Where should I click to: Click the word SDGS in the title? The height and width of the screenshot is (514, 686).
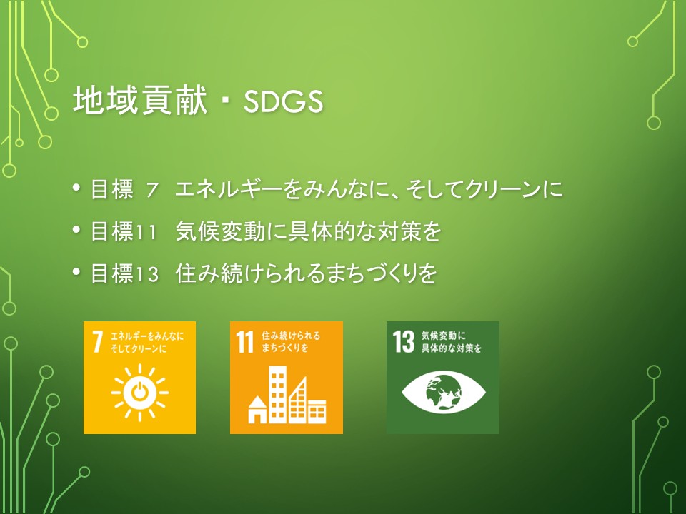click(x=283, y=101)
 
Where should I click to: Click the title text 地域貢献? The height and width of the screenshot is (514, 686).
click(x=139, y=101)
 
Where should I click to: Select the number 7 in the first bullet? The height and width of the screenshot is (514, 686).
click(x=152, y=190)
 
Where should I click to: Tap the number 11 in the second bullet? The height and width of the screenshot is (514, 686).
click(x=146, y=232)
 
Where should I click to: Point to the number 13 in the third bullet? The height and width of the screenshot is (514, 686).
click(x=146, y=274)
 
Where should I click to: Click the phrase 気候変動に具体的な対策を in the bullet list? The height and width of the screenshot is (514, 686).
click(x=308, y=231)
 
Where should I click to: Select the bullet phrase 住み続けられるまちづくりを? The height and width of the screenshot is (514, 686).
click(x=307, y=273)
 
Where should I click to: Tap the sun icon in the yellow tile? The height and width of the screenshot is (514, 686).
click(x=139, y=392)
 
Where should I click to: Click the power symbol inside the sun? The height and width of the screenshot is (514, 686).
click(x=139, y=392)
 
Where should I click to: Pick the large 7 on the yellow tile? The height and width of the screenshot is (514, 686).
click(x=98, y=341)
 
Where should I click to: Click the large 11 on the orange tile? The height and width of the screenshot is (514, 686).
click(x=245, y=341)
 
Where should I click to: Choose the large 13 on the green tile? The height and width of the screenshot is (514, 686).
click(x=403, y=341)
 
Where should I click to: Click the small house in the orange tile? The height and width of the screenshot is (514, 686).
click(x=257, y=410)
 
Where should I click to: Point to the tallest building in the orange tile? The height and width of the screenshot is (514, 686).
click(x=278, y=394)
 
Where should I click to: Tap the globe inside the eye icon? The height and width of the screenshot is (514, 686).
click(x=444, y=392)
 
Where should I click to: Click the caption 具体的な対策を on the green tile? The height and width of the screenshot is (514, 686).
click(x=452, y=348)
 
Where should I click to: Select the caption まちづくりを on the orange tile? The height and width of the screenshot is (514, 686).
click(x=285, y=348)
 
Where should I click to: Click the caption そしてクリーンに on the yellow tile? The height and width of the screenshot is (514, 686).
click(x=139, y=349)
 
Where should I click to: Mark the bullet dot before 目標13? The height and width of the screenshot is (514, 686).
click(x=77, y=272)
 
